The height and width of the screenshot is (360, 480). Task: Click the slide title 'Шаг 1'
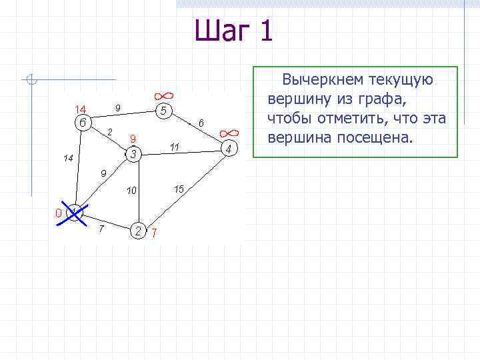coord(234,31)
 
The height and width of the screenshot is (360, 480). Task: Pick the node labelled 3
coord(133,155)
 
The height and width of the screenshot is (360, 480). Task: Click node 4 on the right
coord(228,149)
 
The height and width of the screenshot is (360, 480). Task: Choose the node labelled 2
coord(138,231)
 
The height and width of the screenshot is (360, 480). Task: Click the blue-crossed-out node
coord(75,214)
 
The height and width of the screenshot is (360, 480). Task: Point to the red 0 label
coord(58,213)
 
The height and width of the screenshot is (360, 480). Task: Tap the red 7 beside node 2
coord(154,233)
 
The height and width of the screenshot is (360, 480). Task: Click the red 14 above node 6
coord(80,109)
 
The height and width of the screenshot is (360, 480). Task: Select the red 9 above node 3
coord(133,139)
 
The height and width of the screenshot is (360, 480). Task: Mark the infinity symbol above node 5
coord(162,95)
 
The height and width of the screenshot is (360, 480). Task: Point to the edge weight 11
coord(175,146)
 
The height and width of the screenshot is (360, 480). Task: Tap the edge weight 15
coord(179,189)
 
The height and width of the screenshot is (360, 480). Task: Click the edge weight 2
coord(110,130)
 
